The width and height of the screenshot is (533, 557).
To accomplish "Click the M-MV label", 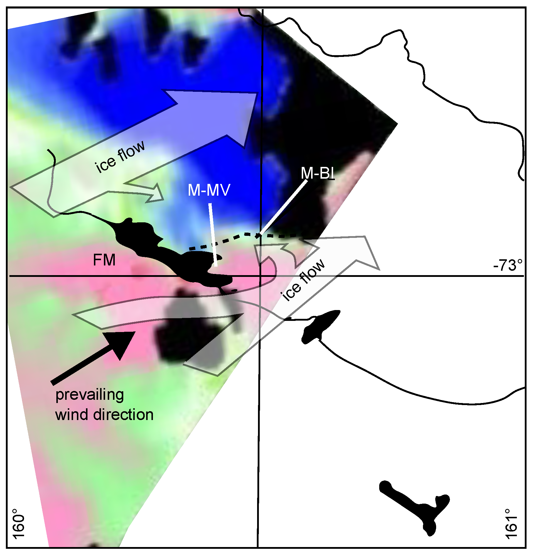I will [209, 190].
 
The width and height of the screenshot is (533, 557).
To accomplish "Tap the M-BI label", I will [317, 173].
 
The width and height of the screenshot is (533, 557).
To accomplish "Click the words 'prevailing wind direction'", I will [104, 405].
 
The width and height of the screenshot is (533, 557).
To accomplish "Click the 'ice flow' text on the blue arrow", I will [120, 157].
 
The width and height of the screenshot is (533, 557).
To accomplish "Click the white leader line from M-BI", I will [283, 207].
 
